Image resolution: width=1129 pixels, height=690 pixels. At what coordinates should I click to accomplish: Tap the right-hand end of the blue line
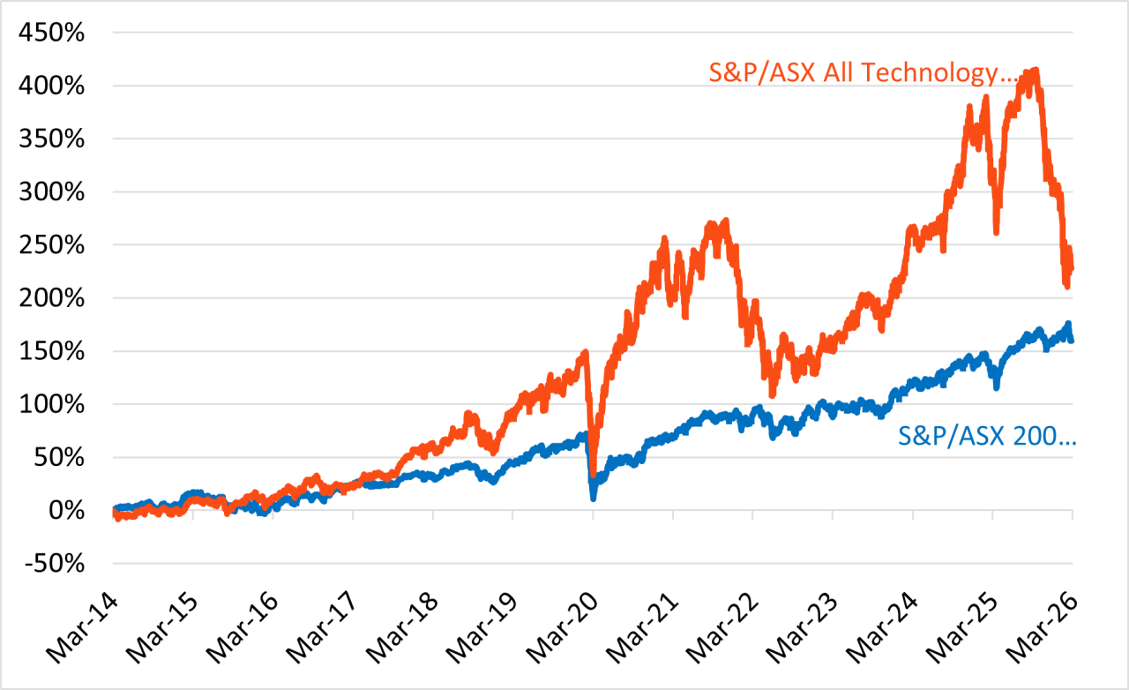click(x=1071, y=339)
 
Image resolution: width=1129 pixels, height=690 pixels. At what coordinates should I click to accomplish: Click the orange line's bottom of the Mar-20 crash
click(x=594, y=476)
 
